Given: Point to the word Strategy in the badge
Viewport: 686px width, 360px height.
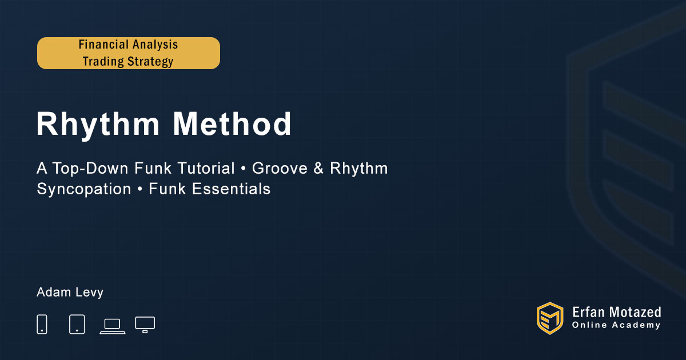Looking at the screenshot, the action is pos(150,62).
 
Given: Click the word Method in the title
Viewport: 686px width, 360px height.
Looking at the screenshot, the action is pos(232,123).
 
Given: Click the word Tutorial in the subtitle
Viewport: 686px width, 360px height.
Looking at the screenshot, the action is pos(206,169).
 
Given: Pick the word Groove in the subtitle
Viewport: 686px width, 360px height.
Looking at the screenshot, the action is pos(280,169).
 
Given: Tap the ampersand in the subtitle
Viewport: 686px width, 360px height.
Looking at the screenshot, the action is pos(318,169).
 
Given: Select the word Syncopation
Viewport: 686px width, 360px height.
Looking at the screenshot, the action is pos(84,189).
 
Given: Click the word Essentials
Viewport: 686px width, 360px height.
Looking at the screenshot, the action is pos(231,189).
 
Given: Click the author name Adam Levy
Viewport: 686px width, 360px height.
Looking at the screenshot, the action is pos(70,293).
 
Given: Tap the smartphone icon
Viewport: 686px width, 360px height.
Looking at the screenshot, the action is pos(42,324).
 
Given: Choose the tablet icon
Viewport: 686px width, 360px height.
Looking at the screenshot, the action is pos(77,324).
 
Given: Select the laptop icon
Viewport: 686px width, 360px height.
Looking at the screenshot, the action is pos(113,326).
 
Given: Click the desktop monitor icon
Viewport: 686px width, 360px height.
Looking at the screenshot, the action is pos(145,325).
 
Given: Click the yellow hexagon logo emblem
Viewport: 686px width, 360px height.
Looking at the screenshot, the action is pos(550,318).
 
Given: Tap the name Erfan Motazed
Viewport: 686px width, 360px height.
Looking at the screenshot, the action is pos(616,312).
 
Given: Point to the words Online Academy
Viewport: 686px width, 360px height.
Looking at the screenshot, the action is pos(616,325).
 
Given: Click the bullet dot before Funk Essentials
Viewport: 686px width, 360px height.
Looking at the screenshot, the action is pos(140,190).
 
